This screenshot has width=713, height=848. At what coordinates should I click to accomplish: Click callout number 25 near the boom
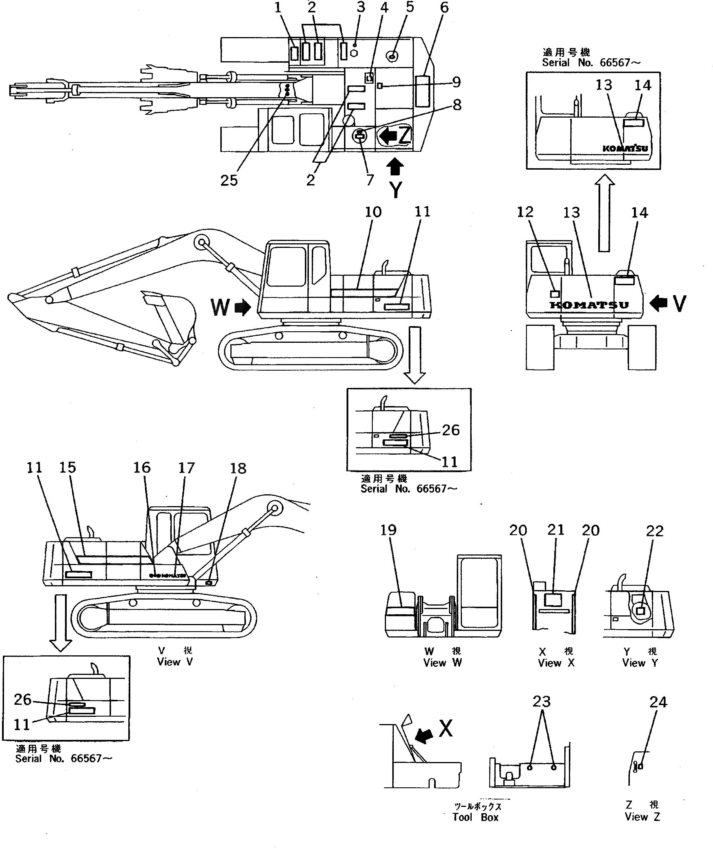click(229, 181)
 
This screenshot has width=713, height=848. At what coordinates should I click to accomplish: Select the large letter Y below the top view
click(396, 190)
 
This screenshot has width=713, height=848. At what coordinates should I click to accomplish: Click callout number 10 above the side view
click(373, 212)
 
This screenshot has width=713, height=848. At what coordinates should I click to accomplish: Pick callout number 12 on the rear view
click(525, 212)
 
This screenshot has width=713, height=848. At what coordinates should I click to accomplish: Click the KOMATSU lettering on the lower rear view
click(589, 305)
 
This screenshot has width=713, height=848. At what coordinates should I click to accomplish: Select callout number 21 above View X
click(555, 530)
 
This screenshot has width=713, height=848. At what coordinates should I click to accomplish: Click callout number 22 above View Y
click(654, 531)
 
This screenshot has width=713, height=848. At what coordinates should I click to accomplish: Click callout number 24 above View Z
click(658, 702)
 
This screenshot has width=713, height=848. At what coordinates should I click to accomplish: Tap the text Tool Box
click(475, 817)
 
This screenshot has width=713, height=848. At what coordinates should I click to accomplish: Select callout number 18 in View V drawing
click(238, 468)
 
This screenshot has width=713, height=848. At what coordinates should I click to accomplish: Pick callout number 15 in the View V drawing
click(68, 468)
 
